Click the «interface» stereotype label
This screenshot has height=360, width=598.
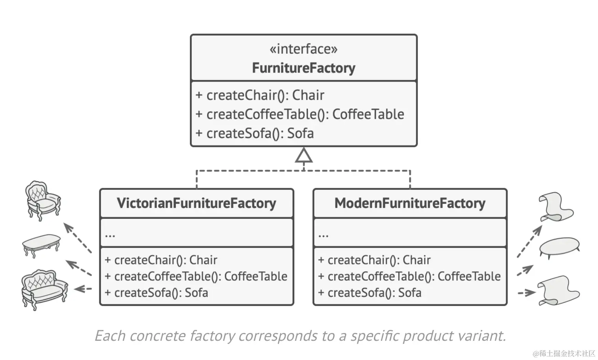pyautogui.click(x=304, y=49)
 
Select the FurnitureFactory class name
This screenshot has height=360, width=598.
pyautogui.click(x=304, y=68)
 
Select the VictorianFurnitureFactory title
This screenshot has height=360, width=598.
pyautogui.click(x=197, y=203)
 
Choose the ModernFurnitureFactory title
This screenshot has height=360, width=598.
pyautogui.click(x=410, y=203)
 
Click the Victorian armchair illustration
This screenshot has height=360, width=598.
pyautogui.click(x=43, y=201)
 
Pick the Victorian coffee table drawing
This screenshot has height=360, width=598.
pyautogui.click(x=41, y=246)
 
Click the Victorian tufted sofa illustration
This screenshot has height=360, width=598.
pyautogui.click(x=44, y=290)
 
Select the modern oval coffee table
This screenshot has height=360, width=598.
pyautogui.click(x=559, y=248)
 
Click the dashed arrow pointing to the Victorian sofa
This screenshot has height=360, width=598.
pyautogui.click(x=83, y=289)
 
